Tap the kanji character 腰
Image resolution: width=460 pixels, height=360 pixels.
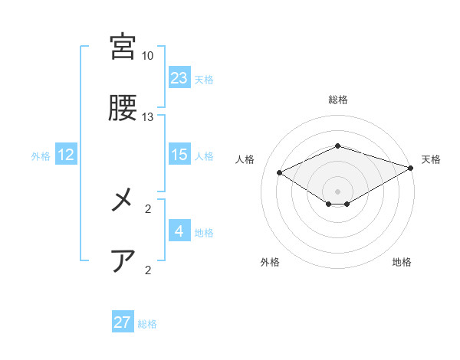[123, 109]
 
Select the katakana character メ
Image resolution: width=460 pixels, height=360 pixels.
[123, 201]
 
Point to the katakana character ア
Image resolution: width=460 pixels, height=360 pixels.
[123, 261]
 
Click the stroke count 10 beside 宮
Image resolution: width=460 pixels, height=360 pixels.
[147, 56]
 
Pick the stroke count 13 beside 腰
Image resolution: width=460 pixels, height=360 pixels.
[147, 117]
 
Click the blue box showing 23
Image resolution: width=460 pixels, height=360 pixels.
[179, 78]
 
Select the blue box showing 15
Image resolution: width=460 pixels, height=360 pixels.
[179, 155]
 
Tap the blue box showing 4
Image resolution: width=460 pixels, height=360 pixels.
[179, 231]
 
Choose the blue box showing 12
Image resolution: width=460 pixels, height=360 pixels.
[66, 155]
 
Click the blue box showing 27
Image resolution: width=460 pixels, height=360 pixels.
[123, 322]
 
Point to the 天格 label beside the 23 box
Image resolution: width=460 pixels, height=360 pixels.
[204, 80]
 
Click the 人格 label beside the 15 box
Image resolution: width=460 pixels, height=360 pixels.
[204, 156]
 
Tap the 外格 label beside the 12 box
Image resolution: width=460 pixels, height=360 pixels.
[41, 156]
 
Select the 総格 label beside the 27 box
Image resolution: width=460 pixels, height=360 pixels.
[147, 324]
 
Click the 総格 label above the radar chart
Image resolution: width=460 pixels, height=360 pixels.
[337, 100]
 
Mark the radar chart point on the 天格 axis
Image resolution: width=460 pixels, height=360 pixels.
[412, 167]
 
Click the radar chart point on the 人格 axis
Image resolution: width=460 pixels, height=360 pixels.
[280, 172]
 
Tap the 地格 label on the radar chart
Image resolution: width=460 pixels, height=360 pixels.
[402, 263]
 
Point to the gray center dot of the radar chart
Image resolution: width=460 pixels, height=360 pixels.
[337, 191]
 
